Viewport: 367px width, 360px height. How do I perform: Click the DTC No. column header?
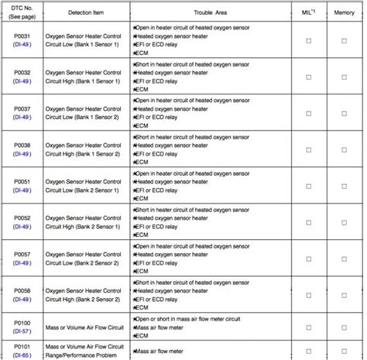click(22, 13)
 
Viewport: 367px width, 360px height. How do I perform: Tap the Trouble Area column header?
click(211, 13)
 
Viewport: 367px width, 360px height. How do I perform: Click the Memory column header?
click(345, 13)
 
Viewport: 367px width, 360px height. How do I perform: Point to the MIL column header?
click(308, 13)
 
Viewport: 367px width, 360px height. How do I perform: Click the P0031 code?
click(22, 39)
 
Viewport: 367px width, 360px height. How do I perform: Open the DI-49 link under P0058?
click(22, 300)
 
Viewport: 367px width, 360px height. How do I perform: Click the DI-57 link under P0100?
click(22, 331)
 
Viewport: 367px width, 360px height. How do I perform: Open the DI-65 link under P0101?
click(22, 354)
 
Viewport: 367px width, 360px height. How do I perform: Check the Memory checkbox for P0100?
click(345, 326)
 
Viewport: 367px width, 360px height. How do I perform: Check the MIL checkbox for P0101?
click(308, 350)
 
